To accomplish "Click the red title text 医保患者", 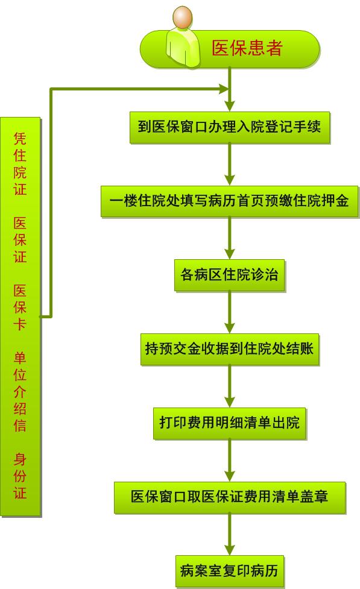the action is pos(247,48).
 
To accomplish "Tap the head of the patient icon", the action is pos(183,17).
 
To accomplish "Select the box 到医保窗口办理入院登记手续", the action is pos(230,127).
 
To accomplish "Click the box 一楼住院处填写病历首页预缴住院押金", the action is pos(230,201).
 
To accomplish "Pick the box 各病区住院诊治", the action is pos(230,276).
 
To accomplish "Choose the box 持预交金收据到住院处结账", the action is pos(230,349).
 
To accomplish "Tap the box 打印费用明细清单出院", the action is pos(230,423).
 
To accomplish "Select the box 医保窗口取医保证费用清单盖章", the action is pos(230,497).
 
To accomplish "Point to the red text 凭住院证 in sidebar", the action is pos(20,163).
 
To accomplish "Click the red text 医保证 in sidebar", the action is pos(20,239).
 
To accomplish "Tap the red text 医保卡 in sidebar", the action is pos(20,307).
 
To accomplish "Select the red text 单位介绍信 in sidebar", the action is pos(20,391).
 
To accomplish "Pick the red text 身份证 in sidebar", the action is pos(20,476).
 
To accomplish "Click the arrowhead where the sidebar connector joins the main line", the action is pos(224,89).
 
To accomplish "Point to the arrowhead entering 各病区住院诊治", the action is pos(230,254).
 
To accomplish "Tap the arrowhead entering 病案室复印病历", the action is pos(230,550).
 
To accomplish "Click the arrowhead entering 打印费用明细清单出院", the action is pos(230,402).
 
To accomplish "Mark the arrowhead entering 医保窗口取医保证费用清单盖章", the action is pos(230,476).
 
